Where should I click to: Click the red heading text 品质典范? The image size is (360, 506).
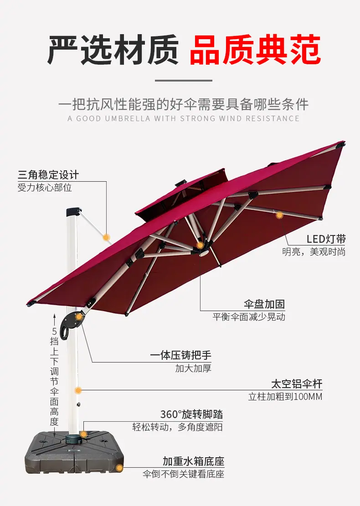pyautogui.click(x=255, y=50)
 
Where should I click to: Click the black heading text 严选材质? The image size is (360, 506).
pyautogui.click(x=113, y=50)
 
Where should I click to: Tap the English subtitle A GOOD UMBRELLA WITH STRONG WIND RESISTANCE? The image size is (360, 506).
pyautogui.click(x=183, y=118)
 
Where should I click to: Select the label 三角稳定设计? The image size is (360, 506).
pyautogui.click(x=48, y=175)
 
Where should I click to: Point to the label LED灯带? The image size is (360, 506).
pyautogui.click(x=326, y=239)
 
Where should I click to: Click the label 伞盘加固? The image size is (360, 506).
pyautogui.click(x=264, y=304)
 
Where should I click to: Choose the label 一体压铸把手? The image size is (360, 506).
pyautogui.click(x=180, y=355)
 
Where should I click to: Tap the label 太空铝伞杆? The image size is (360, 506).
pyautogui.click(x=297, y=384)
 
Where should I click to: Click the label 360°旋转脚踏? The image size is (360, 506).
pyautogui.click(x=191, y=414)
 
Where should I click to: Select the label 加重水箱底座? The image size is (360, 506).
pyautogui.click(x=193, y=461)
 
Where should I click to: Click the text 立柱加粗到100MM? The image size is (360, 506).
pyautogui.click(x=285, y=397)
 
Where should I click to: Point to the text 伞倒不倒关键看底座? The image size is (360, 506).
pyautogui.click(x=183, y=474)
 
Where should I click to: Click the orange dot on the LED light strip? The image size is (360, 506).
pyautogui.click(x=279, y=215)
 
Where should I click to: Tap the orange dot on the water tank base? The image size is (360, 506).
pyautogui.click(x=119, y=468)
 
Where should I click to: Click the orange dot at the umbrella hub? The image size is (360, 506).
pyautogui.click(x=200, y=245)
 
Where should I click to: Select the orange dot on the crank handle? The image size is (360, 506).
pyautogui.click(x=78, y=317)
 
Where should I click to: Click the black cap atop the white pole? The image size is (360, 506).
pyautogui.click(x=74, y=212)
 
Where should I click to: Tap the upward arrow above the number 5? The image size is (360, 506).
pyautogui.click(x=55, y=319)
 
